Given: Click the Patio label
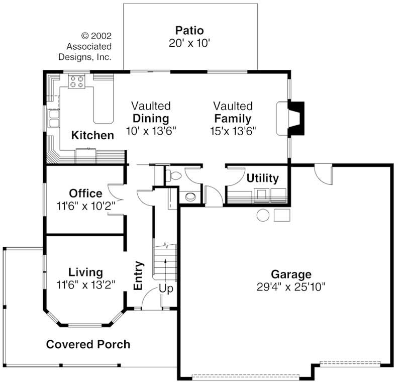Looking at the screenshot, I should click(189, 30).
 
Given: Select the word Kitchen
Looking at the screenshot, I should click(92, 135).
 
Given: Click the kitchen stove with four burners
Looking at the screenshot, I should click(76, 81).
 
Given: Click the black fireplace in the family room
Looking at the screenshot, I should click(297, 119).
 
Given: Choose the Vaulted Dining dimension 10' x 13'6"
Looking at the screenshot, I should click(150, 131).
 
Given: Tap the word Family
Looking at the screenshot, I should click(233, 119).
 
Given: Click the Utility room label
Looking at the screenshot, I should click(262, 178).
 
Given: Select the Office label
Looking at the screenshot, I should click(85, 193).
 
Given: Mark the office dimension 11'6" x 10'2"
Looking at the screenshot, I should click(86, 205).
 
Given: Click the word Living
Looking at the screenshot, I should click(85, 272).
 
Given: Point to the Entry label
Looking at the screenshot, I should click(138, 275).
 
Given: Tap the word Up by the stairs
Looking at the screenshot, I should click(166, 289).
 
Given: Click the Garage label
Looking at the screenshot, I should click(291, 274).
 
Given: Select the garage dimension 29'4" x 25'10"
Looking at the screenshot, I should click(291, 287).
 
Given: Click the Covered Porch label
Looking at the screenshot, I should click(88, 344).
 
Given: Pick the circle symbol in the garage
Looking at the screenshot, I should click(263, 216).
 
